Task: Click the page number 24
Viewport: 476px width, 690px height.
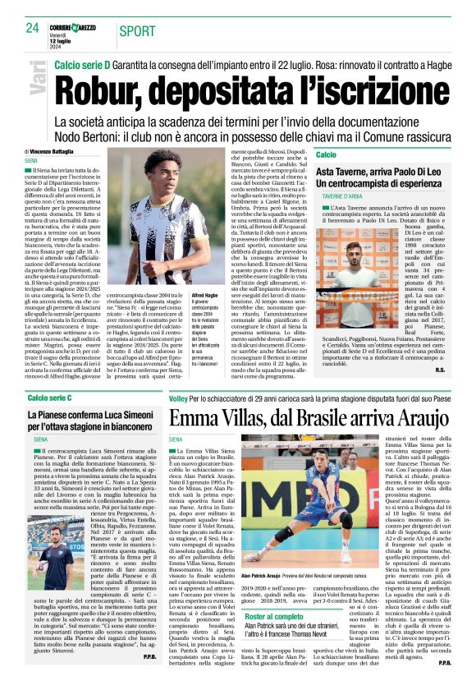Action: [33, 28]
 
